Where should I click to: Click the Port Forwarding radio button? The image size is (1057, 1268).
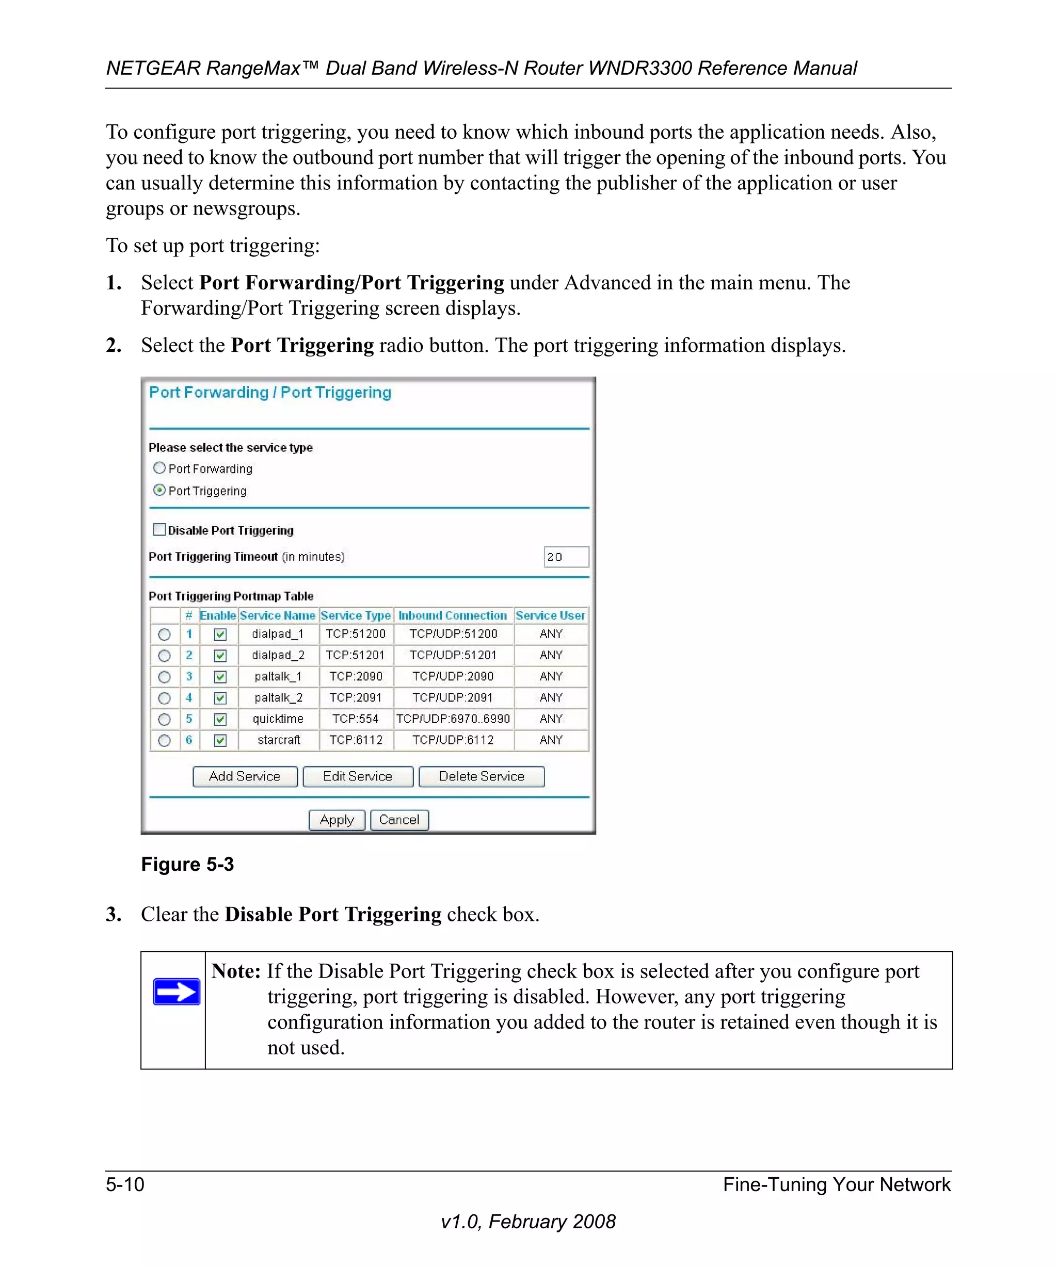[x=159, y=468]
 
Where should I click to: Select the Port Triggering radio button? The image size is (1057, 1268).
[x=159, y=490]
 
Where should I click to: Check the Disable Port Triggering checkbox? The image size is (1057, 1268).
[x=159, y=530]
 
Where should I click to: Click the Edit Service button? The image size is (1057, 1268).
[x=358, y=776]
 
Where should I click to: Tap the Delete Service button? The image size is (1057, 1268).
[x=482, y=776]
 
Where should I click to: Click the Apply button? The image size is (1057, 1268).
[x=337, y=820]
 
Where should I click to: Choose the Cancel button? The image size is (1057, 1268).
[x=399, y=820]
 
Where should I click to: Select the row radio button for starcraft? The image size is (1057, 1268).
[x=164, y=740]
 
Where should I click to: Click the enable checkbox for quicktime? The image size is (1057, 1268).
[x=220, y=719]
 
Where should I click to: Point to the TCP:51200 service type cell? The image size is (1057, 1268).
[x=356, y=634]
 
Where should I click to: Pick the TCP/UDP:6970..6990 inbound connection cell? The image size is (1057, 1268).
[x=453, y=719]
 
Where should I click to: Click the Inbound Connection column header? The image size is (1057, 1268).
[x=453, y=615]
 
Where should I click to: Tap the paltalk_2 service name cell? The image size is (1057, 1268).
[x=279, y=698]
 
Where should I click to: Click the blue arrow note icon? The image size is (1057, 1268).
[x=177, y=991]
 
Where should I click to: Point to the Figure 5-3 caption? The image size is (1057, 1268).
[x=187, y=865]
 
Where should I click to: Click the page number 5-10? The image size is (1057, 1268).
[x=125, y=1184]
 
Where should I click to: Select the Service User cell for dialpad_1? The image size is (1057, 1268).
[x=551, y=634]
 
